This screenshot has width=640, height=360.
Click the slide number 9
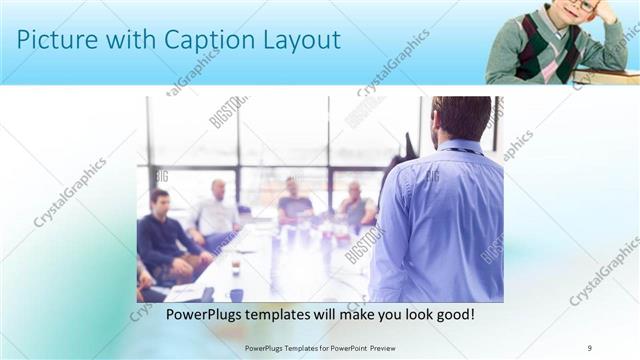[590, 347]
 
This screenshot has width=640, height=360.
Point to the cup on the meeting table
[235, 268]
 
